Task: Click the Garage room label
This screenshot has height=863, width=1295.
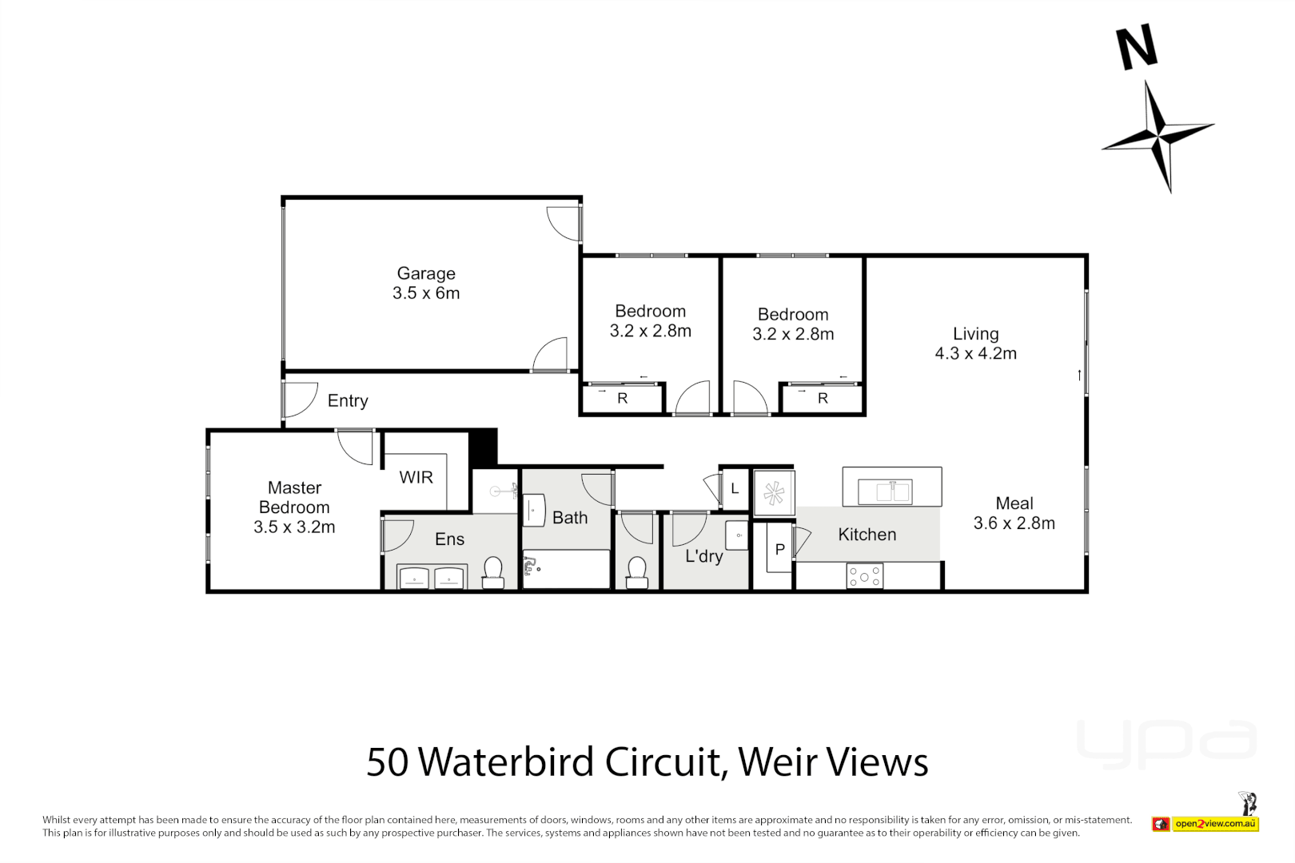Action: [426, 283]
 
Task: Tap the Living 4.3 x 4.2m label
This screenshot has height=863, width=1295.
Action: [975, 343]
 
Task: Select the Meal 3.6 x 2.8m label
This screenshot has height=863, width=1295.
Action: [1014, 513]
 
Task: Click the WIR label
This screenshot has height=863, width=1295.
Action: [416, 477]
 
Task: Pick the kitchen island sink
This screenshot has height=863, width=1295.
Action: [884, 491]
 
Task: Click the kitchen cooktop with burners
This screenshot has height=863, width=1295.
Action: [864, 576]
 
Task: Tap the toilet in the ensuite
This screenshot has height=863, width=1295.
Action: [493, 572]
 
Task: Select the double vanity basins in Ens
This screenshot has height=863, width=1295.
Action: [432, 577]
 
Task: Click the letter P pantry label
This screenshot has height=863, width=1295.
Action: [779, 549]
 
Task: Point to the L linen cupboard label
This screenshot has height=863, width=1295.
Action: [735, 488]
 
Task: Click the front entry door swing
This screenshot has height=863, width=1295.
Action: [299, 399]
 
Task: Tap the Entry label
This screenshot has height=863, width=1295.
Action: [348, 400]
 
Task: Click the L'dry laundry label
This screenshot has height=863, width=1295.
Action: [703, 555]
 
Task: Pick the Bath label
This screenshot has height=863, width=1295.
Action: [569, 518]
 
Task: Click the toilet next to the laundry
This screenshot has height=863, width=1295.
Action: [636, 572]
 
